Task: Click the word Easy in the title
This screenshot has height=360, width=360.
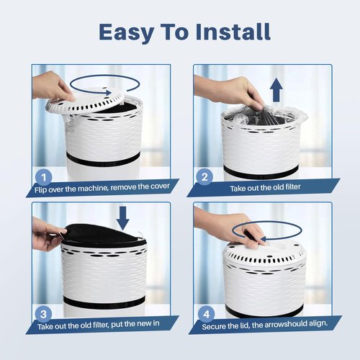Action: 126,32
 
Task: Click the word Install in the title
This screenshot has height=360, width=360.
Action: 233,32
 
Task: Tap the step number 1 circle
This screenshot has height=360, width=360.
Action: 43,177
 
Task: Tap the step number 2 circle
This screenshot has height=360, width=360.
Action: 204,177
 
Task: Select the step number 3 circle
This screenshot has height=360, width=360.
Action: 43,314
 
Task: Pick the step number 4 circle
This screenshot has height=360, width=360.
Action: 207,314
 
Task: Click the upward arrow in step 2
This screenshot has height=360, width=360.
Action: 276,90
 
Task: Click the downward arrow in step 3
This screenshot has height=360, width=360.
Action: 122,218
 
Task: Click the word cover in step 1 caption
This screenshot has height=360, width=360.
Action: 160,186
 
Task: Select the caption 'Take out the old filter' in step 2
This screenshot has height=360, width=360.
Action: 265,187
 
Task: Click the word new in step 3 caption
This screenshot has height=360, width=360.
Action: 138,323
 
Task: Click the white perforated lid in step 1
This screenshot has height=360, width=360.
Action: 85,103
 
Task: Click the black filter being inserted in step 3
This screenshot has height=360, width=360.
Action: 103,235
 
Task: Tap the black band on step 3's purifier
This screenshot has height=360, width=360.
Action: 104,303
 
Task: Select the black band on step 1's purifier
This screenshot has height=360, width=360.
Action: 103,160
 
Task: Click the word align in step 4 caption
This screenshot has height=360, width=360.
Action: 318,323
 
